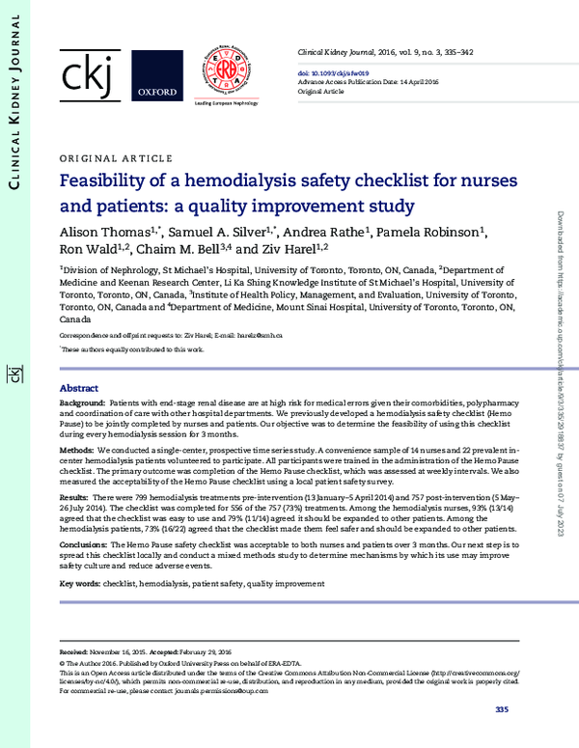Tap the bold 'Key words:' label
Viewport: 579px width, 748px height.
(81, 584)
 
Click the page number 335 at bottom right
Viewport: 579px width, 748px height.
(501, 710)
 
